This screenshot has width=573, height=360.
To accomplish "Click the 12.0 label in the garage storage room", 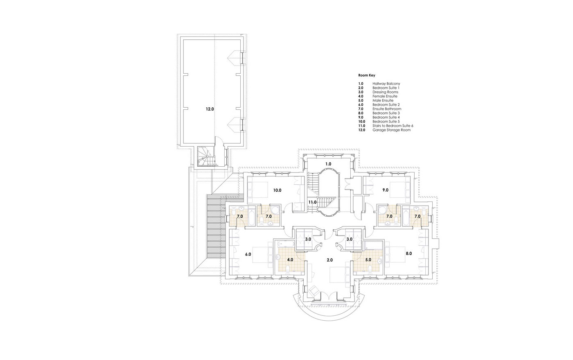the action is click(x=210, y=109).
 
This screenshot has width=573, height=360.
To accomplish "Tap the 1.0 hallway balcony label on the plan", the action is click(x=328, y=164).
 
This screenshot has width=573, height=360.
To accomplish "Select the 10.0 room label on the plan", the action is click(x=277, y=190).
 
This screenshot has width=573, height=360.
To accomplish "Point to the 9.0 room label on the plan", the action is click(x=385, y=190).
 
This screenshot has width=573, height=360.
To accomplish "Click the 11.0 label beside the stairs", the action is click(x=312, y=202).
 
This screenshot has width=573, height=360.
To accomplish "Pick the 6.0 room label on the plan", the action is click(x=248, y=254).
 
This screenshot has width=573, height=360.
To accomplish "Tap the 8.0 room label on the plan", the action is click(x=409, y=254).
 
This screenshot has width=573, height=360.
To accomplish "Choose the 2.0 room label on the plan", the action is click(x=330, y=260).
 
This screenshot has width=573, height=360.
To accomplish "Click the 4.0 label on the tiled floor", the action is click(x=290, y=260).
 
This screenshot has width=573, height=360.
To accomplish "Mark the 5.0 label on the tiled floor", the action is click(x=368, y=260).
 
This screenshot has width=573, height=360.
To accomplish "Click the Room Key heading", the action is click(x=367, y=75).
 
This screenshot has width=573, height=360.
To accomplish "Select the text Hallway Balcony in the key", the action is click(x=386, y=84).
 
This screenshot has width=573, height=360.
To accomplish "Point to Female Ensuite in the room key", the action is click(x=385, y=96).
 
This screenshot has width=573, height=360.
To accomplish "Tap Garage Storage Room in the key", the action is click(x=391, y=130).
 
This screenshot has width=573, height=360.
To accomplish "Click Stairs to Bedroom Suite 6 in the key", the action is click(x=393, y=126).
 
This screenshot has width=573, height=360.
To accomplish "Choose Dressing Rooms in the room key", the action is click(x=385, y=92).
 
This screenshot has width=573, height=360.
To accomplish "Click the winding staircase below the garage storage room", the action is click(x=207, y=157).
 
